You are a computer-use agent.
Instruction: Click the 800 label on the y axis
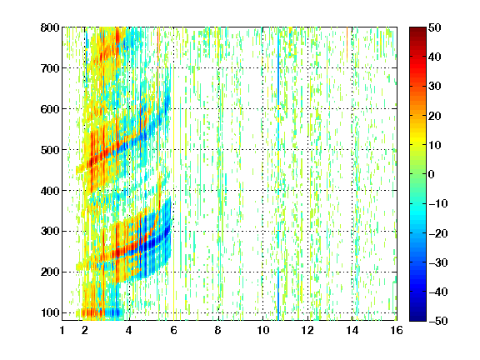[50, 27]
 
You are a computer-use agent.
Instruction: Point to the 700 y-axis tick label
[50, 68]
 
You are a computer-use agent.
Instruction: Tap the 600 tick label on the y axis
[50, 109]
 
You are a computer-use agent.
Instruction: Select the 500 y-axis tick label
[50, 150]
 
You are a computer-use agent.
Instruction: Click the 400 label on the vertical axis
[50, 191]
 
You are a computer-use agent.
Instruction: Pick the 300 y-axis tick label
[50, 232]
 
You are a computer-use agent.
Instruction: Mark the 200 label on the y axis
[50, 272]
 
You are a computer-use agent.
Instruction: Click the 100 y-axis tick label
[50, 312]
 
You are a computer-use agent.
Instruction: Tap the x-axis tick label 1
[62, 330]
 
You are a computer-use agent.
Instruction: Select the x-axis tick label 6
[173, 330]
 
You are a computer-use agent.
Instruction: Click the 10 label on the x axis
[263, 330]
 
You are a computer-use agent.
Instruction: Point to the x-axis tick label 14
[352, 330]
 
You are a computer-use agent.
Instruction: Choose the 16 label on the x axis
[397, 330]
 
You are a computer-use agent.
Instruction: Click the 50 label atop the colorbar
[435, 27]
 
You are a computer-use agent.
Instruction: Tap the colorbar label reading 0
[432, 174]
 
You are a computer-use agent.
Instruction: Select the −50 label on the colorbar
[438, 321]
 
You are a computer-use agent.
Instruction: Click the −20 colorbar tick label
[438, 233]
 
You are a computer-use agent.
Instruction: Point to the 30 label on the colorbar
[435, 87]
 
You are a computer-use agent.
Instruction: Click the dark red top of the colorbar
[417, 30]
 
